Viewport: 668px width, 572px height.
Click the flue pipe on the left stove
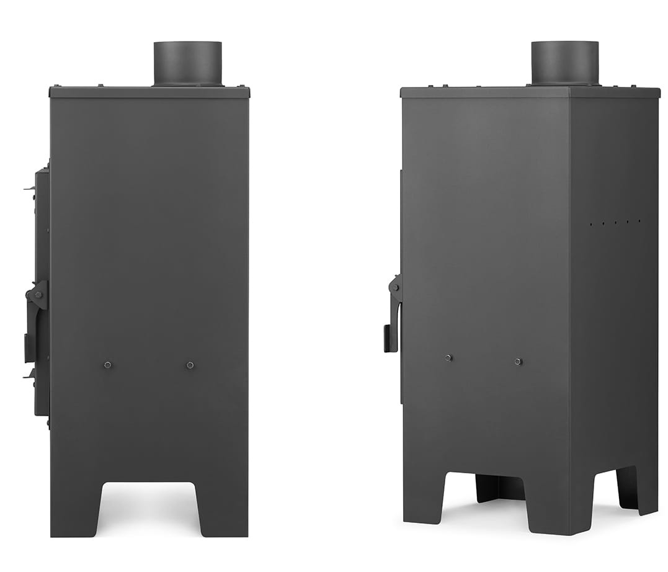tap(187, 63)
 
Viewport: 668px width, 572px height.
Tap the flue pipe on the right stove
tap(564, 63)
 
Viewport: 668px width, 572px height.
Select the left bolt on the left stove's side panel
tap(107, 365)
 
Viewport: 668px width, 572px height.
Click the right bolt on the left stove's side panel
tap(190, 365)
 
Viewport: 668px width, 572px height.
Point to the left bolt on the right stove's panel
tap(448, 358)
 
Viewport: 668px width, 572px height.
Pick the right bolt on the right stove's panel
tap(518, 361)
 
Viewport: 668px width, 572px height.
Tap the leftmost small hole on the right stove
tap(591, 224)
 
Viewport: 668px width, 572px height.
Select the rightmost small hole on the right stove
tap(639, 220)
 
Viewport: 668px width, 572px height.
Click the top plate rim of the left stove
tap(149, 92)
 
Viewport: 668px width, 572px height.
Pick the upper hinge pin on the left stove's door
tap(29, 188)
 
